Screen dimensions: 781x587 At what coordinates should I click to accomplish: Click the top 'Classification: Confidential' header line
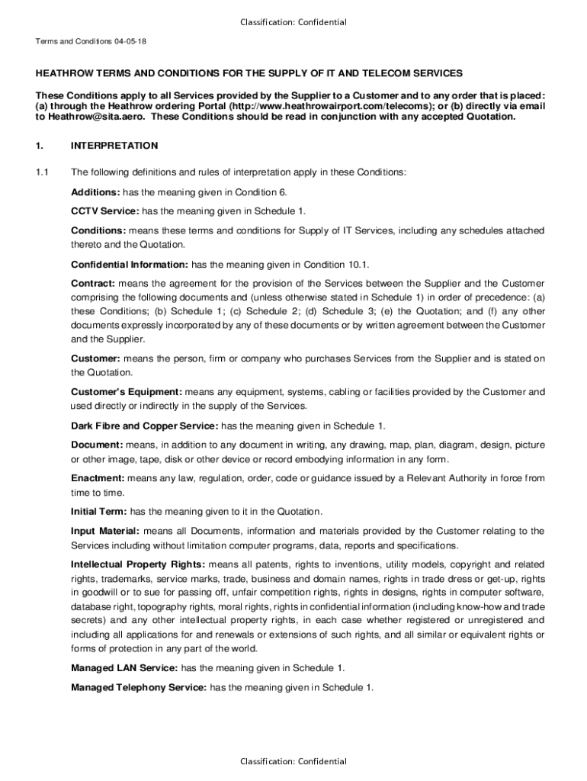click(x=293, y=22)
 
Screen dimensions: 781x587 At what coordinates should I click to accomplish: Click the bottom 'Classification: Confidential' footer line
click(x=293, y=761)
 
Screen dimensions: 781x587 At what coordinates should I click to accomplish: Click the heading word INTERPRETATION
click(x=114, y=145)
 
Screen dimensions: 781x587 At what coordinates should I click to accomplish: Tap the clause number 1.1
click(x=43, y=172)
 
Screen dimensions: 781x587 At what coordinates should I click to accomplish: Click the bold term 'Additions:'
click(x=95, y=191)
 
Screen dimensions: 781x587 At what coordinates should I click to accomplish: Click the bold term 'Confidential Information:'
click(x=130, y=265)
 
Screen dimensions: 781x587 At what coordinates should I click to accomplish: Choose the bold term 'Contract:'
click(x=93, y=284)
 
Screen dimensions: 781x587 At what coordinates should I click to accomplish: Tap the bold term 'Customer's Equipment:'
click(x=126, y=392)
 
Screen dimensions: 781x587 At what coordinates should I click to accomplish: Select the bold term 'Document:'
click(x=97, y=445)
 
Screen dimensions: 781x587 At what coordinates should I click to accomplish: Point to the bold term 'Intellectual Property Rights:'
click(x=138, y=564)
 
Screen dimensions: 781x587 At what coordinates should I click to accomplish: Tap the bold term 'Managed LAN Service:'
click(x=124, y=667)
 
